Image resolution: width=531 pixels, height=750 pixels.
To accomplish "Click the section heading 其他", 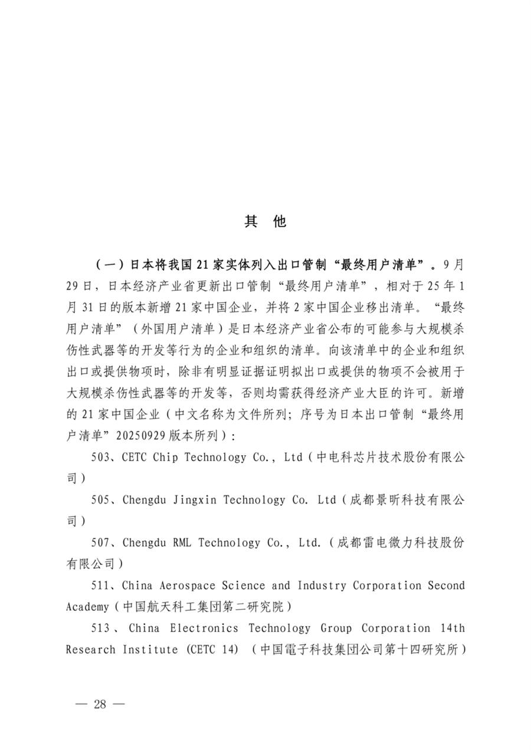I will point(265,221).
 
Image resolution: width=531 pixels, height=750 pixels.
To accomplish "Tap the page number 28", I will point(100,704).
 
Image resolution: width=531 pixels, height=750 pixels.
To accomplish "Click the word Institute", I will point(150,649).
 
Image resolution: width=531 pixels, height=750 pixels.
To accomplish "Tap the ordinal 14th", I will point(452,628).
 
